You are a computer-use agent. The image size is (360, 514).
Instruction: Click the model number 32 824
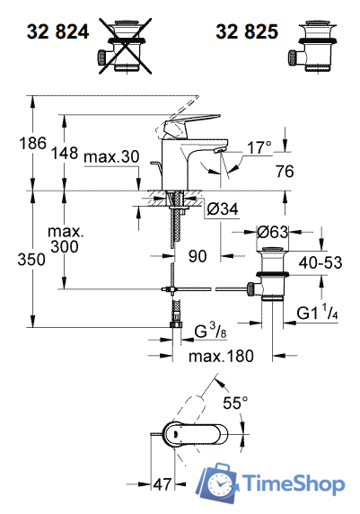click(x=58, y=31)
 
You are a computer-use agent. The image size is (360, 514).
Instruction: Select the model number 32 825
click(x=247, y=31)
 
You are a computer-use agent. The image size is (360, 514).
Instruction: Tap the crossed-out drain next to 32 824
click(x=125, y=46)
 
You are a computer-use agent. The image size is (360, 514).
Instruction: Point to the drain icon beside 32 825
click(x=312, y=46)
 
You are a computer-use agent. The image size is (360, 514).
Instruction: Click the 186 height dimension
click(x=32, y=144)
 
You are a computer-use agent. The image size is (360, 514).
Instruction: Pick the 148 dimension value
click(x=65, y=153)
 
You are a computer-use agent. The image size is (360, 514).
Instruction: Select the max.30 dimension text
click(x=111, y=156)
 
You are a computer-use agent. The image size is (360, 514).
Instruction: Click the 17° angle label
click(x=259, y=147)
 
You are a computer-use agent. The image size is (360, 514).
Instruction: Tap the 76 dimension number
click(x=285, y=171)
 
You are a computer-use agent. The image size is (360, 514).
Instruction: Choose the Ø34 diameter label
click(x=223, y=208)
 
